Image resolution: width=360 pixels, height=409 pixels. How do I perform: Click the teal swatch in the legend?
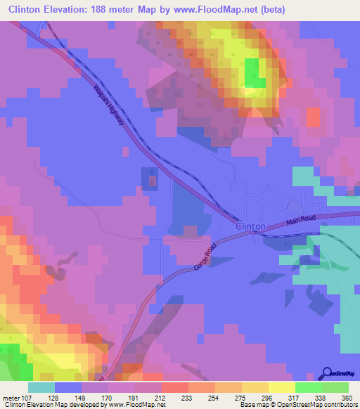[x=41, y=387]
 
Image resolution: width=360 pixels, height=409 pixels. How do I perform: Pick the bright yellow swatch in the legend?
[x=282, y=387]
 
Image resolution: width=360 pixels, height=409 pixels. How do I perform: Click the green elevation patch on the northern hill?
[x=254, y=73]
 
